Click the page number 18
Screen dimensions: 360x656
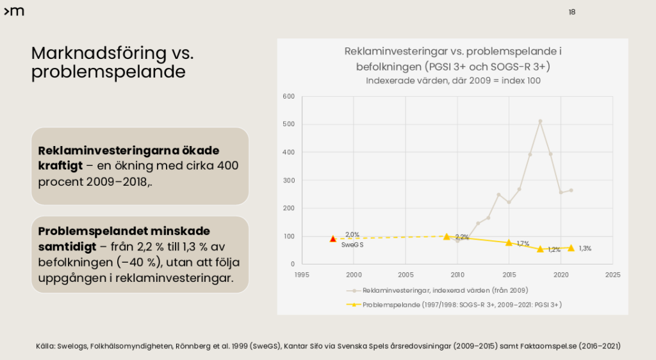[571, 12]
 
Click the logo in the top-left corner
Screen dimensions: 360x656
[14, 12]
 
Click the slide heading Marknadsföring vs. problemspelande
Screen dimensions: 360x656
[112, 62]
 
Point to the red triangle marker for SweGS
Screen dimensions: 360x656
[332, 238]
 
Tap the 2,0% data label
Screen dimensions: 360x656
[352, 234]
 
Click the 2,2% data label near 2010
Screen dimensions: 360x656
[462, 237]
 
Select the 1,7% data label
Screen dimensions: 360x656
[523, 243]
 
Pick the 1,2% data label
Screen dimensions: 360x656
[553, 250]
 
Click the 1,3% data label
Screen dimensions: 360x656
[584, 249]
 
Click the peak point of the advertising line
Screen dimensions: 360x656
[540, 121]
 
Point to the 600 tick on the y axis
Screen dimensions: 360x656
[288, 97]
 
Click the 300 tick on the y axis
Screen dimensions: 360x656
[288, 181]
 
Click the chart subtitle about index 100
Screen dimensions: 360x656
[453, 81]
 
